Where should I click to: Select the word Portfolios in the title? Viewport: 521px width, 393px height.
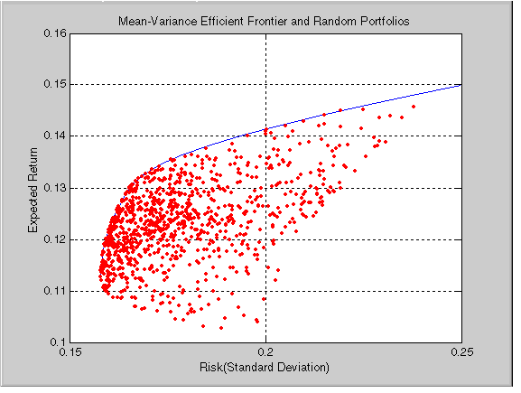coord(385,22)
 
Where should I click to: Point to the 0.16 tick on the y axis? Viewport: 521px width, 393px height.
coord(55,33)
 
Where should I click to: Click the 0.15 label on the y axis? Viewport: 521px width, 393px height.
coord(55,84)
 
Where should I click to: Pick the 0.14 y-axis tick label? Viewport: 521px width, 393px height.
coord(55,136)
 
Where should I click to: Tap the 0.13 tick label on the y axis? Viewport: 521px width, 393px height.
coord(55,188)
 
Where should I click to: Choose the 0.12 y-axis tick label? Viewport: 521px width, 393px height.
coord(55,239)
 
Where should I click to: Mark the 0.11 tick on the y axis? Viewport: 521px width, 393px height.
coord(55,291)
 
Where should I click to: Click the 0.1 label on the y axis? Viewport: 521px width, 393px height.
coord(58,342)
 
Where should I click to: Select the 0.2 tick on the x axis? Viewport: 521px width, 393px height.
coord(265,352)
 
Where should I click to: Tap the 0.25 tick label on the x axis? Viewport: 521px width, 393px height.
coord(461,352)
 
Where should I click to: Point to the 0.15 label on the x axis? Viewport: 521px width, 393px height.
coord(70,352)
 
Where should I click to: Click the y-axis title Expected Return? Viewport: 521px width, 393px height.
coord(33,191)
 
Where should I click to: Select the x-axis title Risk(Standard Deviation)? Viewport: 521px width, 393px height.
coord(265,368)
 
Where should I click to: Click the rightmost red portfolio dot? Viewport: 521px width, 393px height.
coord(414,107)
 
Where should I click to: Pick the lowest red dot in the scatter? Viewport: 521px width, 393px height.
coord(221,328)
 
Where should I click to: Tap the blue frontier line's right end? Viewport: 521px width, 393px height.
coord(461,85)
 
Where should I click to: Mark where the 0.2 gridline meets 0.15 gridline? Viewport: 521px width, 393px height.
coord(265,84)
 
